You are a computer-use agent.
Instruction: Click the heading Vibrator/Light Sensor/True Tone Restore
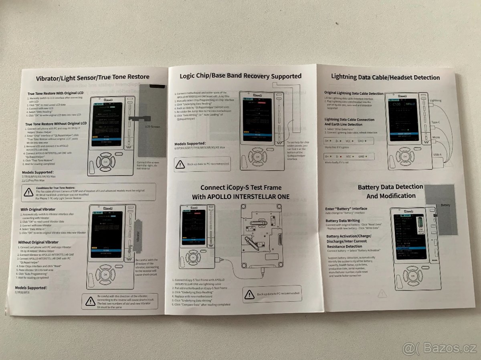93,77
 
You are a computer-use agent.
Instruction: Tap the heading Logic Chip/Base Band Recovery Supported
240,76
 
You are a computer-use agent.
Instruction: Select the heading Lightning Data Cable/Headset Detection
385,77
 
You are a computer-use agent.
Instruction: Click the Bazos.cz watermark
439,348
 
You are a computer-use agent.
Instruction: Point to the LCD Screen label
152,127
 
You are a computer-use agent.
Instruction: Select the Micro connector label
436,138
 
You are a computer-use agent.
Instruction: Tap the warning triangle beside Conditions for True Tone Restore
28,192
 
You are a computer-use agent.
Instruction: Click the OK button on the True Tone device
105,161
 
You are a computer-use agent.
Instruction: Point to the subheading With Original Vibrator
38,209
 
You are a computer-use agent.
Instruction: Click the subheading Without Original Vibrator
38,242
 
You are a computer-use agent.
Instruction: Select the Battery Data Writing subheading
343,221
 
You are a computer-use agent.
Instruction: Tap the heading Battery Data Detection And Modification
390,191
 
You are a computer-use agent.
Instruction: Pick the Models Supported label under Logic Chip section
190,143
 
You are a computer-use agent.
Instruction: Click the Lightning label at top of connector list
435,101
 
